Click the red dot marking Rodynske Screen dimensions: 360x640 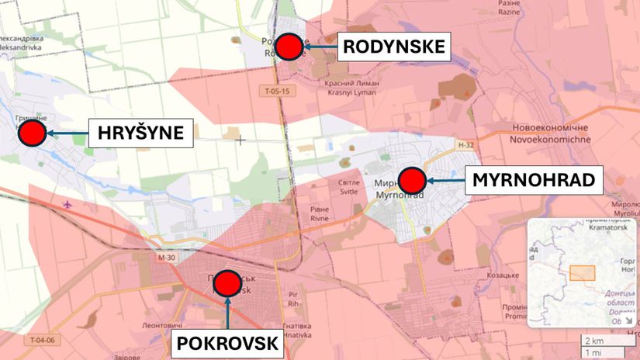pos(289,47)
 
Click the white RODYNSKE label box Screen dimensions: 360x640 pos(394,47)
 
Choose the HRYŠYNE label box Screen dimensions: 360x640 pos(140,133)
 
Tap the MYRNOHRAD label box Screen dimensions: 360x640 pos(534,182)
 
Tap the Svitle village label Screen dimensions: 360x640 pos(349,186)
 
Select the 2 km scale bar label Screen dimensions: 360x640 pos(594,340)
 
